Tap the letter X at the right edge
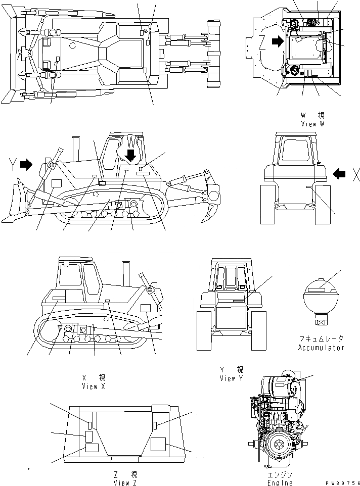coord(355,175)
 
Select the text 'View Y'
coord(231,377)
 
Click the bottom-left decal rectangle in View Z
coord(92,448)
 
